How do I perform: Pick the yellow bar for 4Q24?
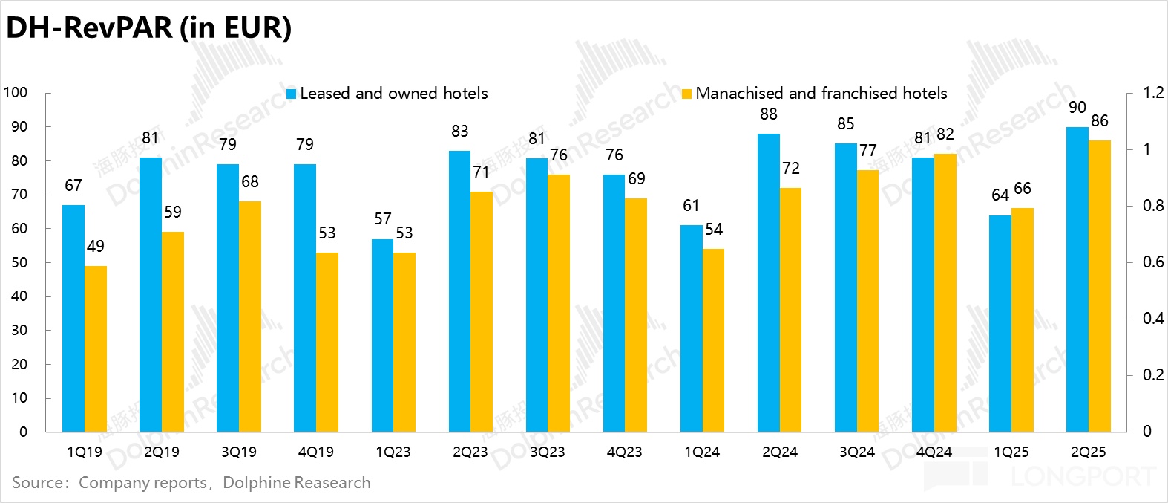coord(945,293)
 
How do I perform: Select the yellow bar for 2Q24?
coord(791,310)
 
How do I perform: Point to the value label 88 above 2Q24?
coord(769,114)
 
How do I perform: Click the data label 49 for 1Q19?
coord(96,247)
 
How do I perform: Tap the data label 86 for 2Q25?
coord(1100,121)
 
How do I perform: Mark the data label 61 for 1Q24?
coord(691,206)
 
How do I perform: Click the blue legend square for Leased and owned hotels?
coord(292,94)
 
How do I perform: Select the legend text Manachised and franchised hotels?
coord(821,94)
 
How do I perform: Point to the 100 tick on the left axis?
coord(16,93)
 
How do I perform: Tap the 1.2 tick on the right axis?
coord(1153,93)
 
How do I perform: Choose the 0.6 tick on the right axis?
coord(1153,262)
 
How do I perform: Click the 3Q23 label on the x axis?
coord(548,452)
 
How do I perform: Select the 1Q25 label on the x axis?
coord(1011,452)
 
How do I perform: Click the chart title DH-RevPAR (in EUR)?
coord(148,28)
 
